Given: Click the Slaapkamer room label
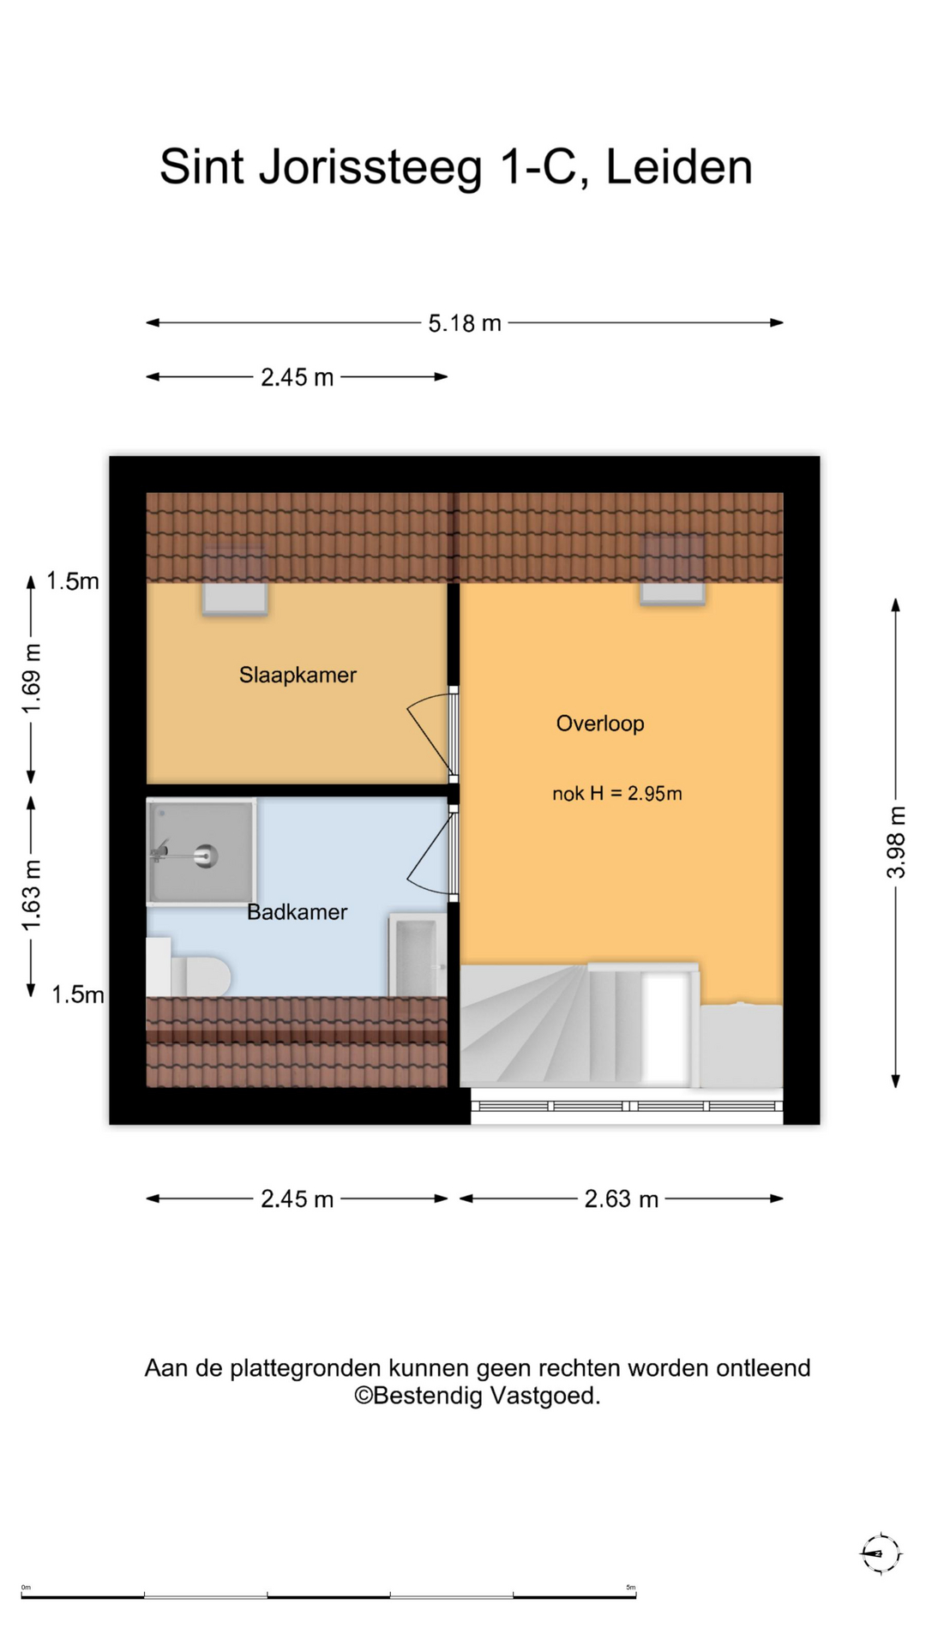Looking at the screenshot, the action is (298, 675).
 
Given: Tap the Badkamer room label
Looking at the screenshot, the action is (297, 911).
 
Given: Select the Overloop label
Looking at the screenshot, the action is (600, 724).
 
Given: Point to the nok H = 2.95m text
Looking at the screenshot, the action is (617, 794).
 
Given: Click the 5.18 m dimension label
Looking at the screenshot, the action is (465, 323).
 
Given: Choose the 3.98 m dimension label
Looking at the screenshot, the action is (896, 842).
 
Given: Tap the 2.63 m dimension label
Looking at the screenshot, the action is (622, 1198).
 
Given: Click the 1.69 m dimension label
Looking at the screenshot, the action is (31, 678).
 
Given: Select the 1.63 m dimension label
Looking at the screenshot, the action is (31, 895).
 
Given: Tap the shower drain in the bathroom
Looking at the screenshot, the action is (206, 855).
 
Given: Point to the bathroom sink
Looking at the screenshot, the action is (418, 955).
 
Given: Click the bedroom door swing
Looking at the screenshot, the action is (430, 733).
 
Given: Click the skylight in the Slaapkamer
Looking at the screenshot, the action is (235, 582).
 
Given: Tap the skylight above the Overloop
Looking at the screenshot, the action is (673, 570).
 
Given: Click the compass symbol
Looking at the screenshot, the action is (881, 1553).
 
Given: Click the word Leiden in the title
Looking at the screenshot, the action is (679, 166).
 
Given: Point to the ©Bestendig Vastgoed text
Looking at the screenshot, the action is (478, 1397).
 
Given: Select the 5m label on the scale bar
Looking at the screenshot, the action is (631, 1588).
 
